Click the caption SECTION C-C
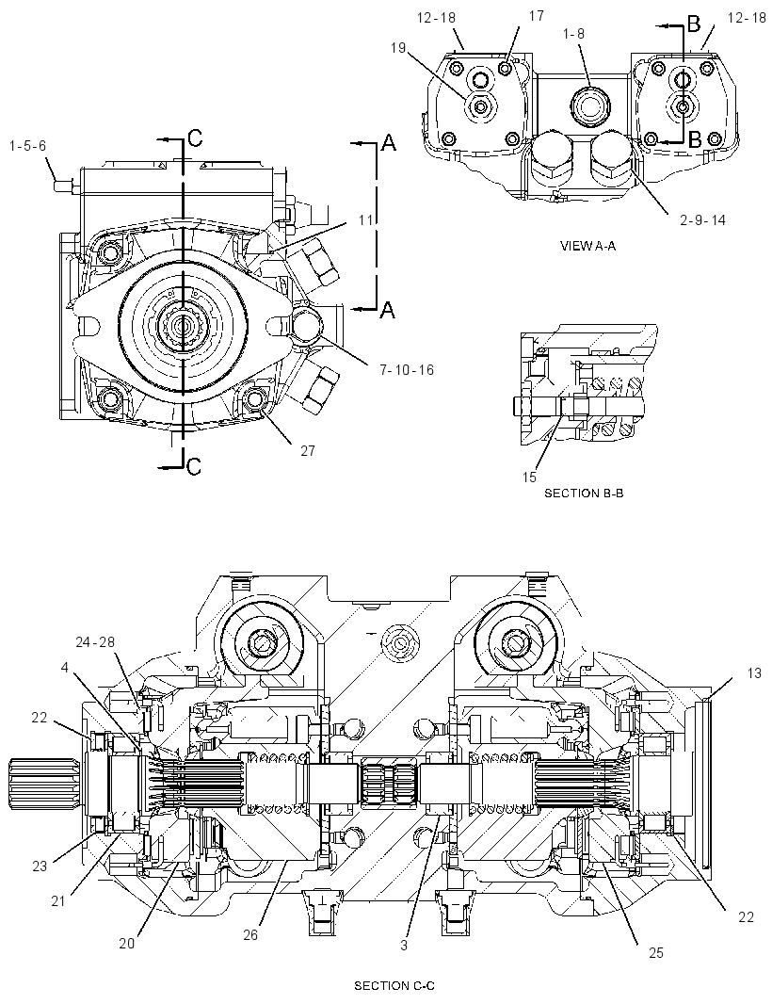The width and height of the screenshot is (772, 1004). pos(394,986)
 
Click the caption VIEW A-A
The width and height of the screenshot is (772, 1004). pos(587,246)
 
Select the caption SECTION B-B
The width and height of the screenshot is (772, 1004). pos(584,493)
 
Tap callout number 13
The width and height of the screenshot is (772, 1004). pos(754,673)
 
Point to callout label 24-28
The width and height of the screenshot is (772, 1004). pos(95,641)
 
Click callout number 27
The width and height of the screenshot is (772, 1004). pos(308,451)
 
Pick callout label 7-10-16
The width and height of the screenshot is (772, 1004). pos(407,369)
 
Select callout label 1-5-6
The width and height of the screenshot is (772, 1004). pos(27,146)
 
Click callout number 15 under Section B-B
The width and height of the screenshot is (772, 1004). pos(529,477)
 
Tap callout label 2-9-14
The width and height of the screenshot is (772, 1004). pos(703,220)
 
